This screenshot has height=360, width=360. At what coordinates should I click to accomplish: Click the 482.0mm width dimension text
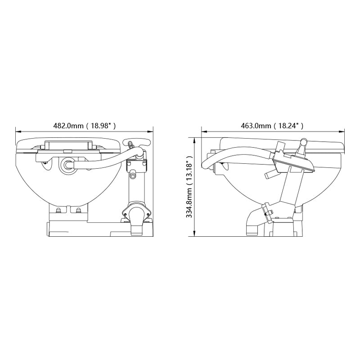pyautogui.click(x=68, y=126)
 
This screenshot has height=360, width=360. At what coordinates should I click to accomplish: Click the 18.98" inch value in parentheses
pyautogui.click(x=101, y=126)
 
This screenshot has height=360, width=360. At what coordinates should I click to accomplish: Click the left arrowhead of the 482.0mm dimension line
pyautogui.click(x=18, y=131)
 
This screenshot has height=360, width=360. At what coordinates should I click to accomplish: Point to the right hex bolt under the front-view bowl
pyautogui.click(x=79, y=210)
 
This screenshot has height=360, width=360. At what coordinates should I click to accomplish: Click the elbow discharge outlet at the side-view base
pyautogui.click(x=251, y=224)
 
